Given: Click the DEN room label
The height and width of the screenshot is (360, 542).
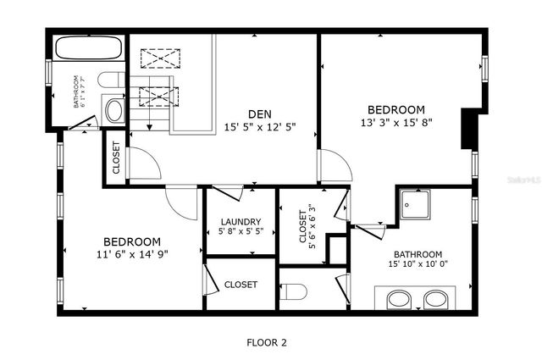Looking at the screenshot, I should point(259,114).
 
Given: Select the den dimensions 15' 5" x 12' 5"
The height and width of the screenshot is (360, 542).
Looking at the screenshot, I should point(259,127).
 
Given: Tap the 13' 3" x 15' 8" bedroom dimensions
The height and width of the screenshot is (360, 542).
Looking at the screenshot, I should point(395,123).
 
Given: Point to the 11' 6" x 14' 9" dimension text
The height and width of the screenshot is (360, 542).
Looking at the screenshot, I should point(132,253).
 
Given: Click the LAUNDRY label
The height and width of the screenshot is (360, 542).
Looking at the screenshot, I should point(241,222).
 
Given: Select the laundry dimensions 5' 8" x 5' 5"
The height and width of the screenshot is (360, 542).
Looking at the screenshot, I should point(241,231).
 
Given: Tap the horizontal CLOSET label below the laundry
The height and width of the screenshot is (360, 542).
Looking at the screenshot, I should point(241,285).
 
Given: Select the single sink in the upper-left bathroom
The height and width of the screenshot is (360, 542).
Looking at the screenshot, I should point(113,109).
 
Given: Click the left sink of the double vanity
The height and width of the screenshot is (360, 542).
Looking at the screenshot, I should point(399,299).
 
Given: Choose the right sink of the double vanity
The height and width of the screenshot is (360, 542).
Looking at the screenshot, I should point(435,299).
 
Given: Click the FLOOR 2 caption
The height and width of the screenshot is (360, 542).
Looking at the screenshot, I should point(267,343).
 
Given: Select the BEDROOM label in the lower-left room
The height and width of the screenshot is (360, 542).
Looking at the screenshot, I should point(132,241).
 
